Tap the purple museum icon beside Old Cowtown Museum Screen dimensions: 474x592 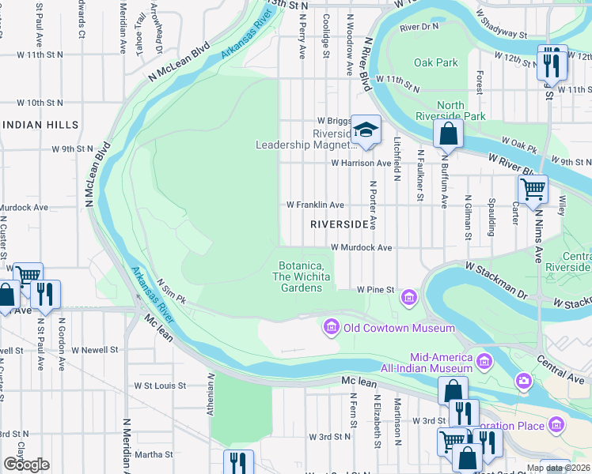[331, 327]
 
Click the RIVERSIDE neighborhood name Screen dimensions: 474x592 [340, 224]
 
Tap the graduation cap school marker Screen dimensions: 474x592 [366, 130]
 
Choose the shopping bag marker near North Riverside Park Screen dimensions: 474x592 [448, 135]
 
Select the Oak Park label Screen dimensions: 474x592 [436, 62]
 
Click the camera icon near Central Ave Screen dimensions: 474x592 [523, 382]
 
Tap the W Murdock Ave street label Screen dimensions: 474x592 [361, 247]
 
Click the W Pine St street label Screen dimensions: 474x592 [375, 290]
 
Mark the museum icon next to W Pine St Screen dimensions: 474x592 [409, 297]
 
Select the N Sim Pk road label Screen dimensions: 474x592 [171, 291]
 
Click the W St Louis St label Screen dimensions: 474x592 [159, 386]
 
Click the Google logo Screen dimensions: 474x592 [26, 465]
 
